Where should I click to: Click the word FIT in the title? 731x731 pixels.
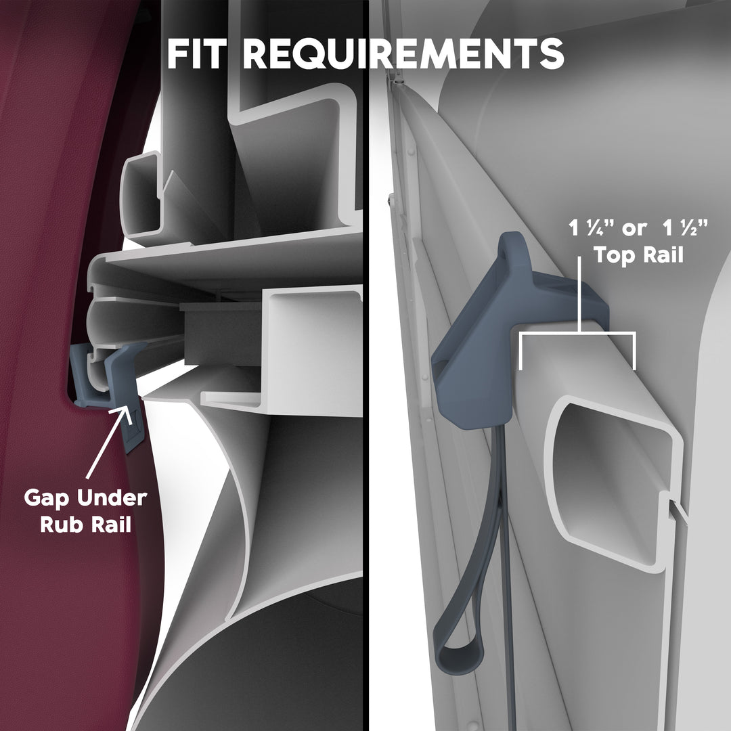197,53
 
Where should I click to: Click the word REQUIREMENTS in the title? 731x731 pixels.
403,53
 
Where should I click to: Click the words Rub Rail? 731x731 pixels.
86,524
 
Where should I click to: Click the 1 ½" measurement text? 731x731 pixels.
685,229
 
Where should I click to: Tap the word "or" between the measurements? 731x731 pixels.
634,230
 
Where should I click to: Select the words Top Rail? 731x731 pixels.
639,255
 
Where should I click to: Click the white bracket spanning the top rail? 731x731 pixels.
577,335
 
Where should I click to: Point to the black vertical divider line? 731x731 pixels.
366,365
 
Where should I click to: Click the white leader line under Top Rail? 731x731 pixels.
579,294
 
